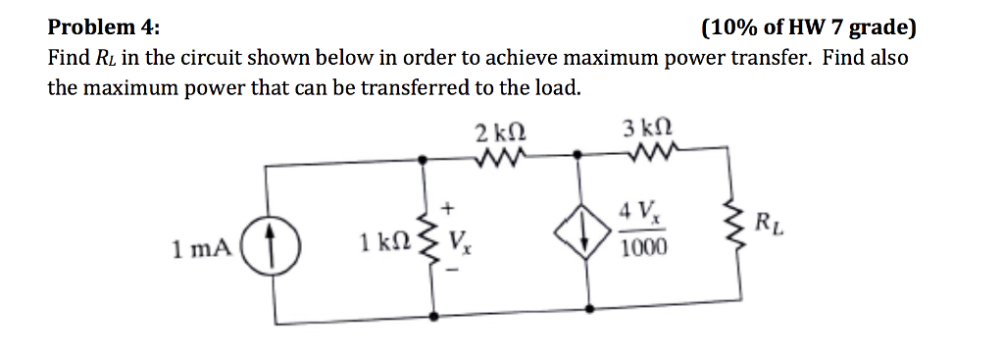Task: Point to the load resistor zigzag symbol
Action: coord(741,233)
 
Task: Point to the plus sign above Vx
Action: coord(448,208)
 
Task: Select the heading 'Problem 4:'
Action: coord(106,27)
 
